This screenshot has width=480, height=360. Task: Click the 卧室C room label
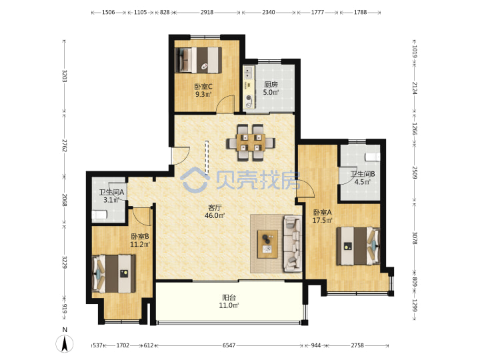tap(203, 87)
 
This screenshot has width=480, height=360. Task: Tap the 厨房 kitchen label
tap(271, 84)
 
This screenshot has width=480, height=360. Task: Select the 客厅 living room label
tap(215, 208)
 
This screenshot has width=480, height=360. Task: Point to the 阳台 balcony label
tap(229, 297)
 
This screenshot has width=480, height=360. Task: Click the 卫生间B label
tap(363, 174)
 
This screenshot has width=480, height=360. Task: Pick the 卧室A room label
tap(323, 212)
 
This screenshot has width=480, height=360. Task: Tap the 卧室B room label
tap(140, 237)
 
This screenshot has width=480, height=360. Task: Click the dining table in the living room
tap(251, 143)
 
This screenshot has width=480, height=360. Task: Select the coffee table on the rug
tap(267, 244)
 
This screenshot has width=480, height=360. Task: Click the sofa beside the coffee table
tap(293, 244)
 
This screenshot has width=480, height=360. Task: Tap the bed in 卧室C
tap(199, 60)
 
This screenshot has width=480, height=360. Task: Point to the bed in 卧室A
tap(358, 246)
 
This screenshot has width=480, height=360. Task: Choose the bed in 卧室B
tap(114, 273)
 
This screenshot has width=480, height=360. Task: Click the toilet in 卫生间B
tap(373, 157)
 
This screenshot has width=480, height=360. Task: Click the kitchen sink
tap(249, 73)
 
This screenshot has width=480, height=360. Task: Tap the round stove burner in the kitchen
tap(249, 98)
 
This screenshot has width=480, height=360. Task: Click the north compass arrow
tap(65, 343)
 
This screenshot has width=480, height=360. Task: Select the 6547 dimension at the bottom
tap(229, 345)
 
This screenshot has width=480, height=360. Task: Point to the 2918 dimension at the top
tap(207, 12)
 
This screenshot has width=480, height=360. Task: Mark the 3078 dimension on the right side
tap(415, 238)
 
